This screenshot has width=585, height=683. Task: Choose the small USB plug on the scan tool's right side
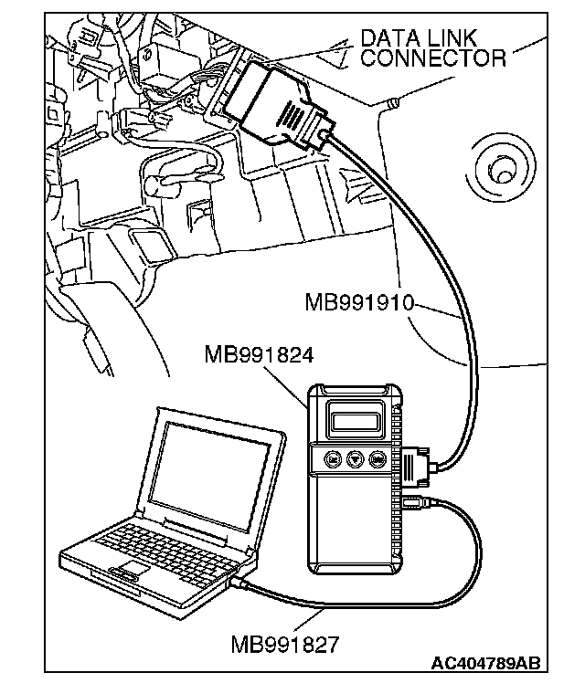(414, 501)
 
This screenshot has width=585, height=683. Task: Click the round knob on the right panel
(500, 170)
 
